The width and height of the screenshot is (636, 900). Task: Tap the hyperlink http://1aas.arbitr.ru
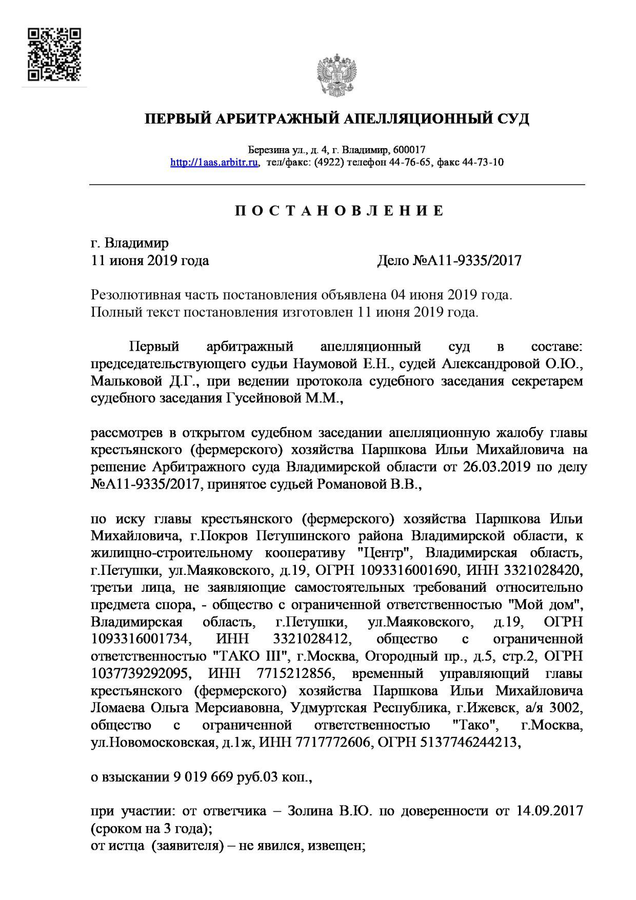point(214,163)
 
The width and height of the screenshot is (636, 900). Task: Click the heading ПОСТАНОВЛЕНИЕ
point(339,211)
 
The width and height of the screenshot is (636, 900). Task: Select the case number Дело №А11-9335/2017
point(449,261)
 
